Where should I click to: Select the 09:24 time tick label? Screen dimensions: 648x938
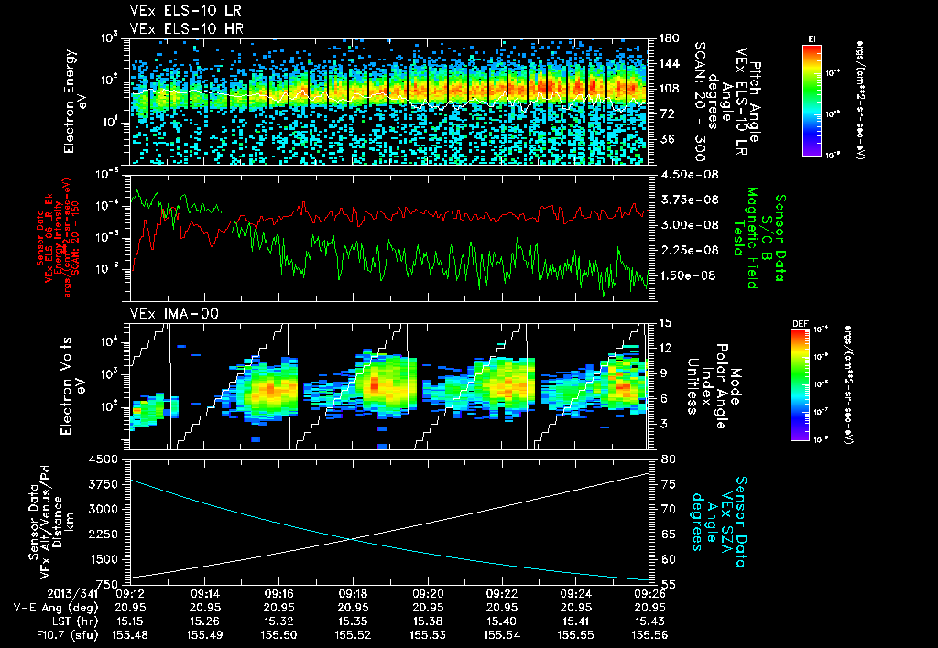click(574, 593)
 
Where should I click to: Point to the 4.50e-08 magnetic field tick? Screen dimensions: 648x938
click(680, 174)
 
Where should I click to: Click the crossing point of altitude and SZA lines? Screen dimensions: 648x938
click(350, 538)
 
